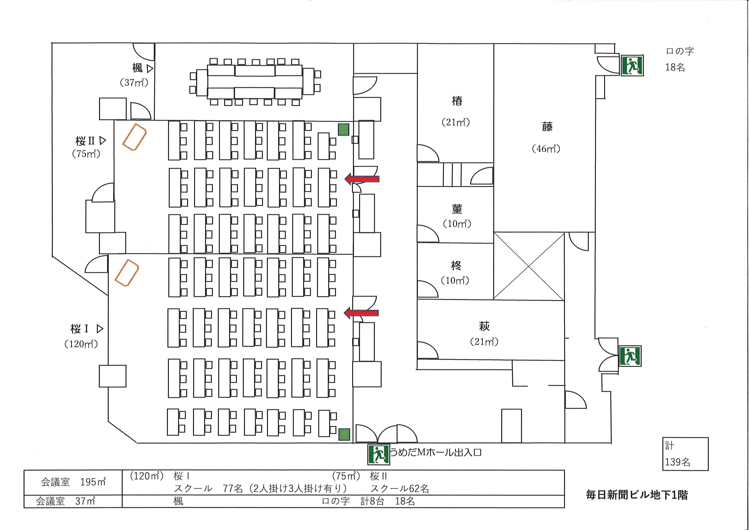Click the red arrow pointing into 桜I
tap(361, 313)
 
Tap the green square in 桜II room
tap(343, 129)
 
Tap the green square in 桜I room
tap(344, 435)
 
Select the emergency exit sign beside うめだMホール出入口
tap(378, 454)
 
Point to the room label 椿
tap(457, 100)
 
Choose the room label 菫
tap(457, 209)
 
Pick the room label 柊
tap(456, 266)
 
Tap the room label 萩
tap(484, 326)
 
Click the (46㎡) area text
tap(546, 149)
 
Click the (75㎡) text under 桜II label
tap(86, 154)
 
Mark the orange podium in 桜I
tap(127, 273)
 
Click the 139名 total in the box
tap(677, 462)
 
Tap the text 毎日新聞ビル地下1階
tap(637, 495)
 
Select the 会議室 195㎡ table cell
tap(73, 482)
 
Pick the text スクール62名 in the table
tap(399, 489)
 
